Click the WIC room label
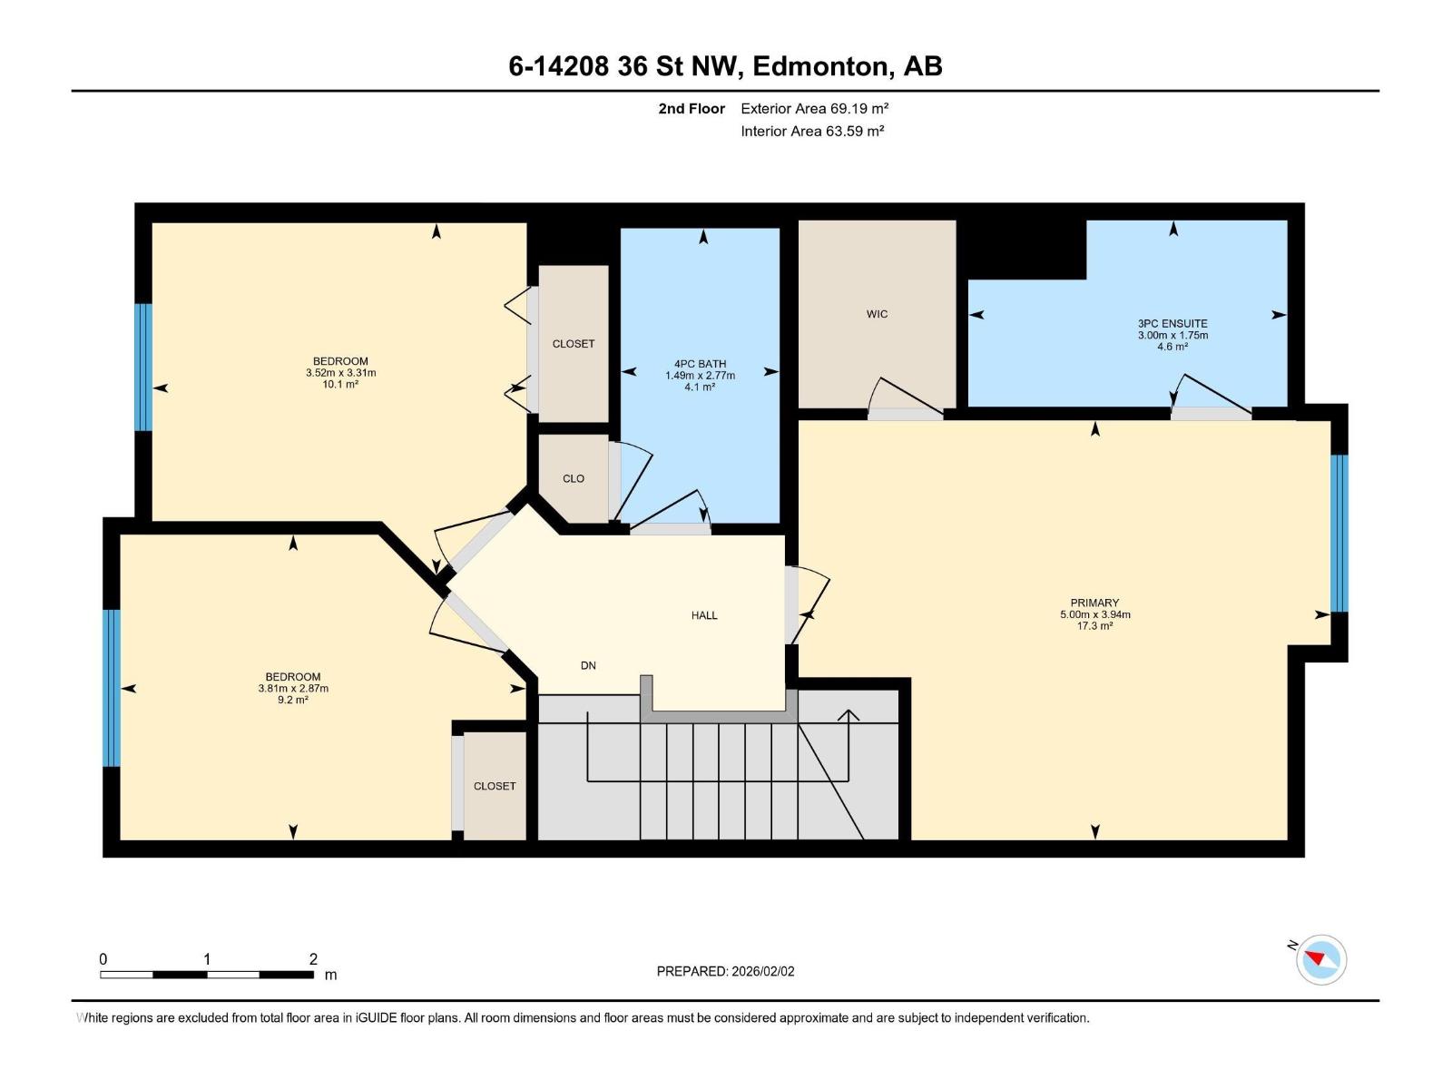click(x=877, y=314)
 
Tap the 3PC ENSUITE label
click(x=1172, y=323)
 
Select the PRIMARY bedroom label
click(x=1094, y=603)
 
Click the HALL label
click(x=704, y=615)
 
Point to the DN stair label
click(x=588, y=665)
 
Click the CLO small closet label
click(x=574, y=478)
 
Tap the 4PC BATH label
click(x=700, y=364)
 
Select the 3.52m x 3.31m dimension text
click(x=340, y=373)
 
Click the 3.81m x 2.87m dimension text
click(x=293, y=688)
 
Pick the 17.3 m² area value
click(x=1094, y=625)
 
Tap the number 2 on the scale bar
click(x=313, y=958)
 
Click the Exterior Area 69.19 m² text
click(x=814, y=108)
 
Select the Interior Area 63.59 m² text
click(x=812, y=131)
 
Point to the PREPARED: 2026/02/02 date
click(x=726, y=971)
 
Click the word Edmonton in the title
click(x=819, y=66)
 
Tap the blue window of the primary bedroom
click(x=1339, y=533)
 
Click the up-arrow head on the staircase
click(x=848, y=715)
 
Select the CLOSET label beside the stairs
click(x=495, y=786)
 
